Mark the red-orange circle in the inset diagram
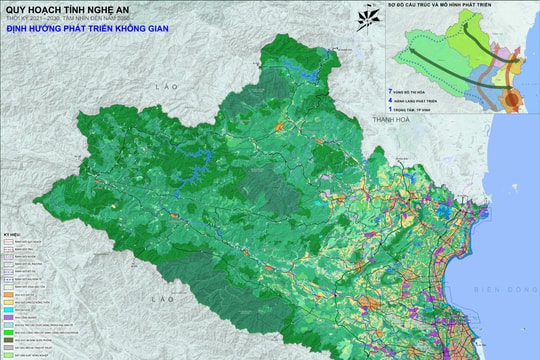[511, 99]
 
